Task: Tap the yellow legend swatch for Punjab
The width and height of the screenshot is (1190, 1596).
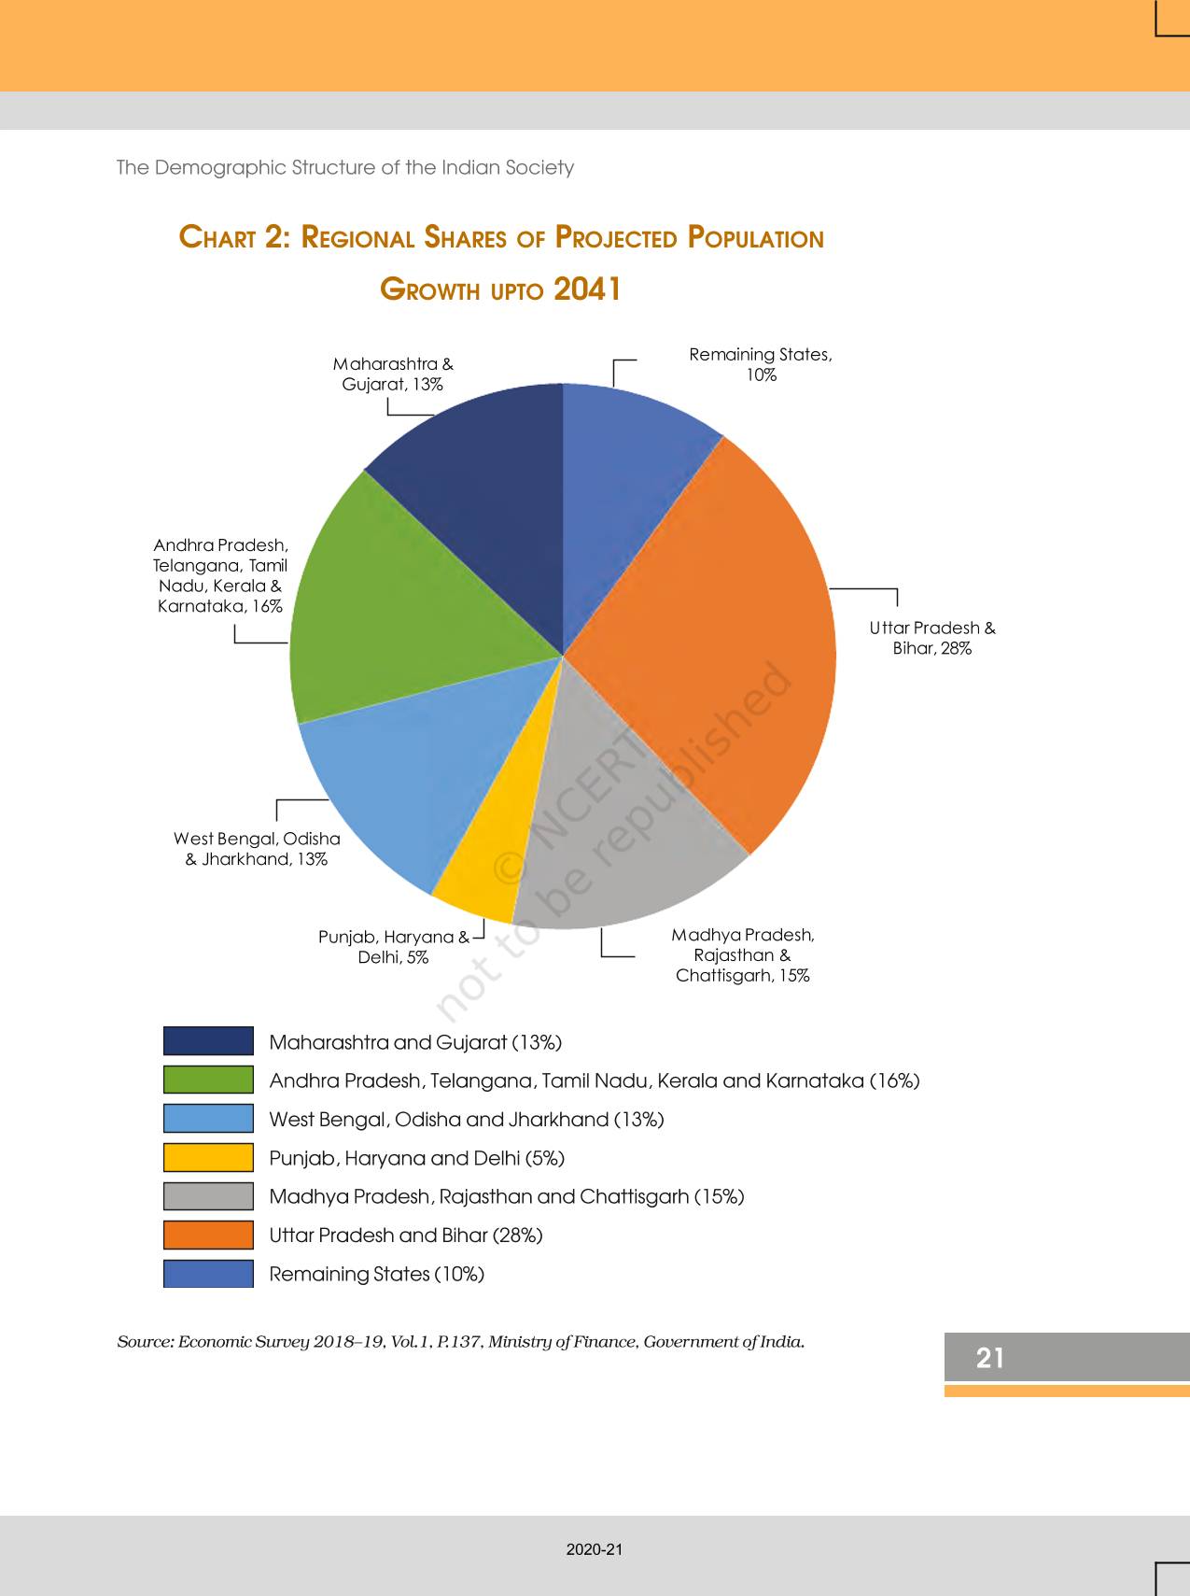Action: (x=208, y=1157)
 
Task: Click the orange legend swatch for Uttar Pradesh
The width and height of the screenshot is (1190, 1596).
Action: (x=208, y=1235)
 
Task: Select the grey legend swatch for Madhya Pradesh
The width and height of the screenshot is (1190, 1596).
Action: (x=208, y=1196)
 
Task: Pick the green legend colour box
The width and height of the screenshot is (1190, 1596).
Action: (x=208, y=1080)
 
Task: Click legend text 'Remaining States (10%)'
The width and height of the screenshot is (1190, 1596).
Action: (x=376, y=1274)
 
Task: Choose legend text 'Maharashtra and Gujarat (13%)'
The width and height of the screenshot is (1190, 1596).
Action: (x=415, y=1042)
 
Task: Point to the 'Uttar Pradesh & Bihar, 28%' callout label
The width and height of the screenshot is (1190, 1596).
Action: (x=932, y=638)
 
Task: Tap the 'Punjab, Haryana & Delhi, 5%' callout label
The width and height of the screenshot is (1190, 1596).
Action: (x=393, y=947)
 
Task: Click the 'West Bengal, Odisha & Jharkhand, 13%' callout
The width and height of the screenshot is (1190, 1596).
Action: (x=257, y=849)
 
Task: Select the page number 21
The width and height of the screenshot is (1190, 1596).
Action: (x=989, y=1357)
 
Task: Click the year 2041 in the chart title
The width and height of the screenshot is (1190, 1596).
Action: (x=587, y=290)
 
